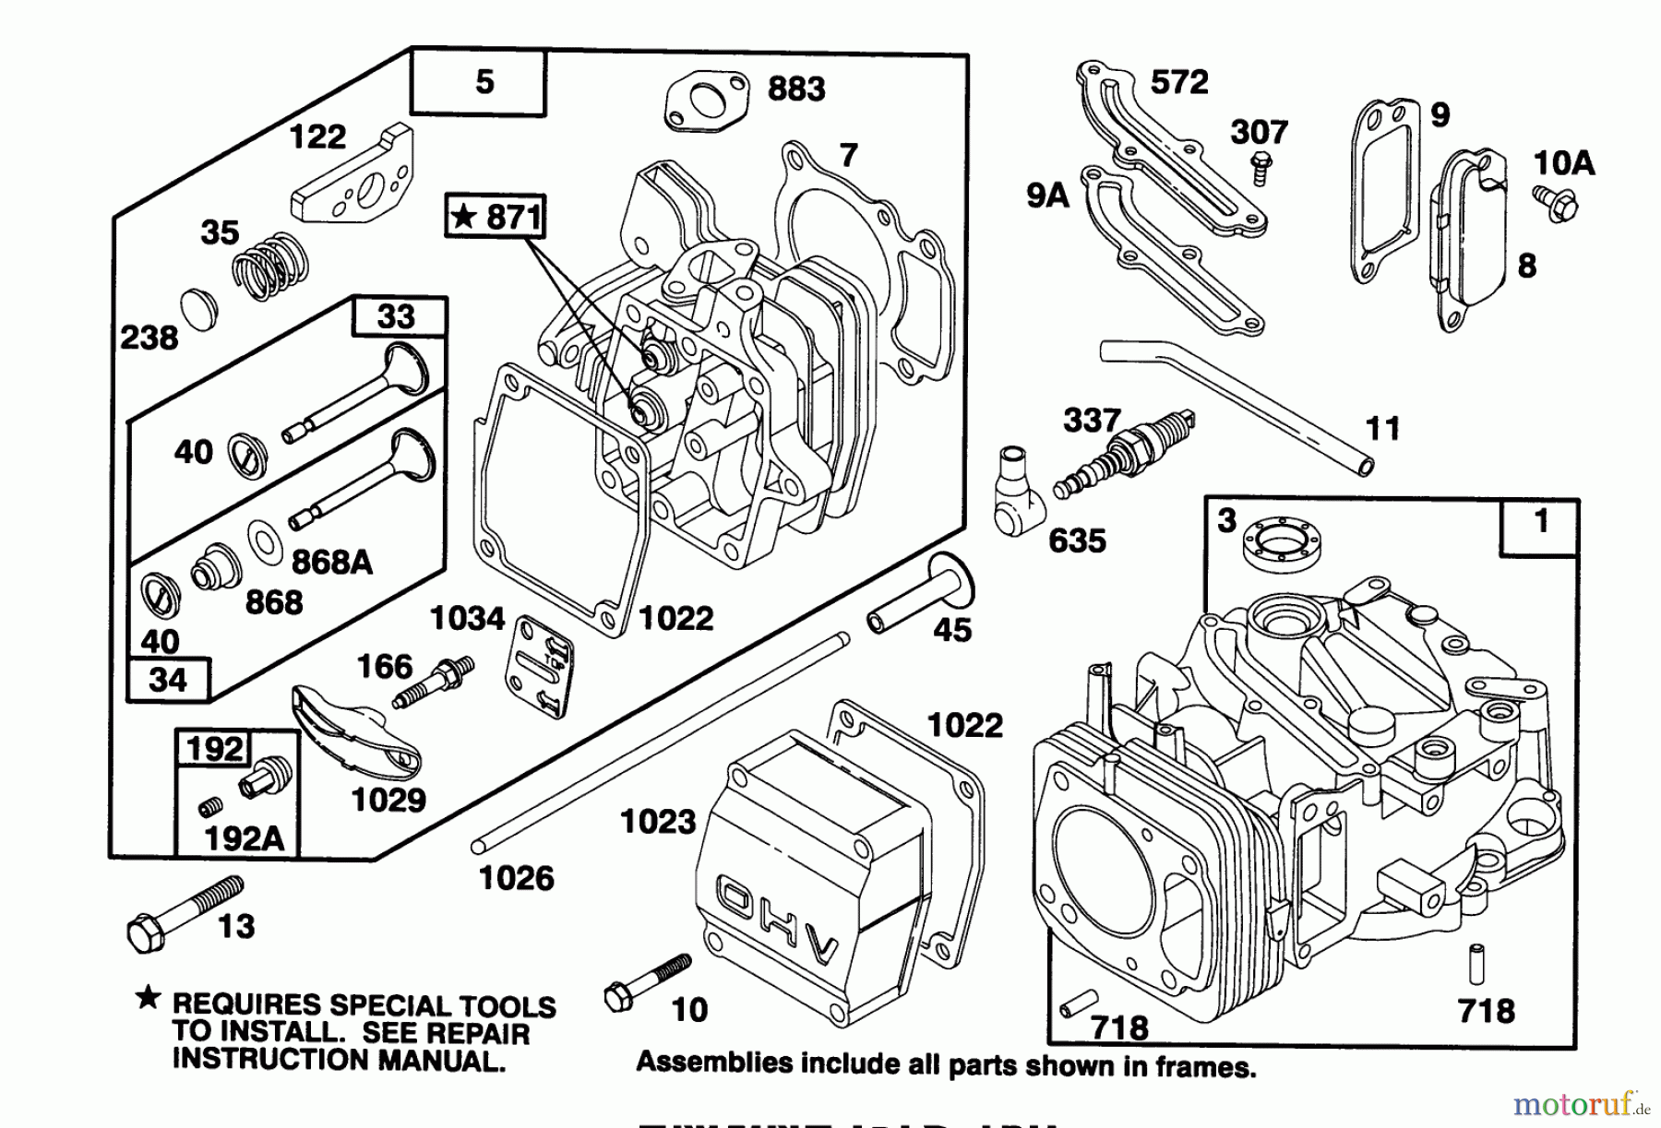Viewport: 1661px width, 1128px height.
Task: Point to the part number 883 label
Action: coord(796,89)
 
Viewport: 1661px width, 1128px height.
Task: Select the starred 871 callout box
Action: coord(496,218)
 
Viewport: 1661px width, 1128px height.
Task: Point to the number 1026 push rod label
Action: coord(516,878)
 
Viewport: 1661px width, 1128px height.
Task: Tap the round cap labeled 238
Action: coord(198,307)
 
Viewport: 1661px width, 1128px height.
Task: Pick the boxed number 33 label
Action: coord(398,316)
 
